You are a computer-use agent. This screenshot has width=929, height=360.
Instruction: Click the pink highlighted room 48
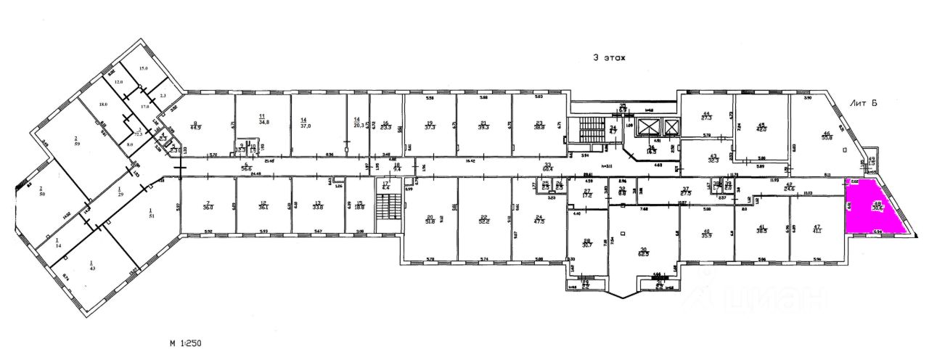coord(876,208)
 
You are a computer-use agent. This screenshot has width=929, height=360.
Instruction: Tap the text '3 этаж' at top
coord(608,57)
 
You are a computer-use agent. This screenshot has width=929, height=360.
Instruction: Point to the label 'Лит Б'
coord(864,104)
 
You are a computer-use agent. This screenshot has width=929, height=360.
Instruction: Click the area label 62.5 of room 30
coord(643,253)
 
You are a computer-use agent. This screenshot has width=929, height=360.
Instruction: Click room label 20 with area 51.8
coord(430,220)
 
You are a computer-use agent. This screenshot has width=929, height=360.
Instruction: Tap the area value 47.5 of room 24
coord(539,220)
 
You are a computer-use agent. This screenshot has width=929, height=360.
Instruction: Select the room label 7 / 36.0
coord(208,206)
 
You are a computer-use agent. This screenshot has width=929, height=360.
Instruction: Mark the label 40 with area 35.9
coord(707,234)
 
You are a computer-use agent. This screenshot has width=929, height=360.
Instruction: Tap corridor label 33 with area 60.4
coord(549,168)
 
